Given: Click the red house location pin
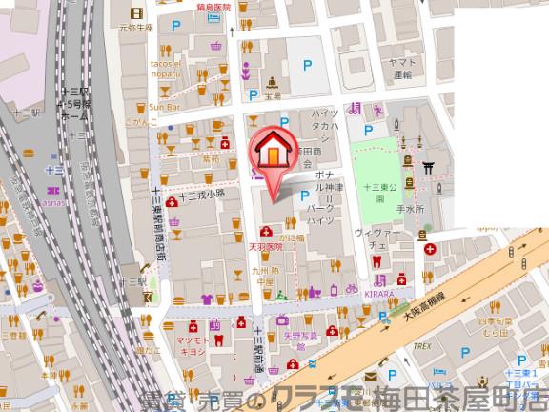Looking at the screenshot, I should [272, 154].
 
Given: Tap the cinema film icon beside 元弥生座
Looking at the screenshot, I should [139, 13].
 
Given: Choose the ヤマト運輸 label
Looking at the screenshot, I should [401, 65].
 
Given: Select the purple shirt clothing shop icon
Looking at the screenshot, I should [208, 298].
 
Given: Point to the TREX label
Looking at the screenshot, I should [422, 347].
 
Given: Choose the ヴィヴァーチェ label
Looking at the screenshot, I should [371, 237].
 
